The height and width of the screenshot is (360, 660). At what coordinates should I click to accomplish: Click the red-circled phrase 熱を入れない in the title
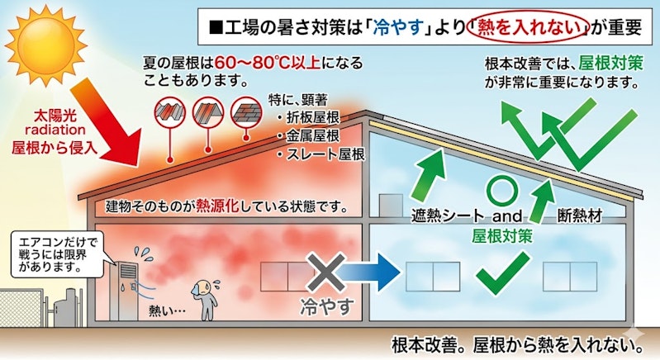pos(529,28)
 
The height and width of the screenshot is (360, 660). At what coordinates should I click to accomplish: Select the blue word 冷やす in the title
pos(398,28)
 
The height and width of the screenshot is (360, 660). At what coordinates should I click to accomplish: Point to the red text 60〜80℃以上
pos(268,63)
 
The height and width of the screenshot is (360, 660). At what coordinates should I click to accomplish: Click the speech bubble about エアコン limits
pos(58,254)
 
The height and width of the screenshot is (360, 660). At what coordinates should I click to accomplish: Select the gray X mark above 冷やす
pos(325,272)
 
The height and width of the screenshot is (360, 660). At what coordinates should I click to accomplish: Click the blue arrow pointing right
pos(368,272)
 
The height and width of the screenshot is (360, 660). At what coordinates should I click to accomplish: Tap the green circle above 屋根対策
pos(501,192)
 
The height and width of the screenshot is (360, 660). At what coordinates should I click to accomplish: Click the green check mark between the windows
pos(502,272)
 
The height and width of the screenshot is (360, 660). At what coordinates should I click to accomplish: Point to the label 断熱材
pos(580,216)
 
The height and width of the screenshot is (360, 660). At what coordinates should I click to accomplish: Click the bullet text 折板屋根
pos(313,118)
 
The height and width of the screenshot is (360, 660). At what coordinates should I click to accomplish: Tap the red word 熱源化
pos(217,206)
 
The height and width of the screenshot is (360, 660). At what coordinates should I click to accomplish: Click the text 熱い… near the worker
pos(167,310)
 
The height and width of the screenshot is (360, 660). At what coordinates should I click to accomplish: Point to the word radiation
pos(55,130)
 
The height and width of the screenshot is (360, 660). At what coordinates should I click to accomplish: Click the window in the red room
pos(287,277)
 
